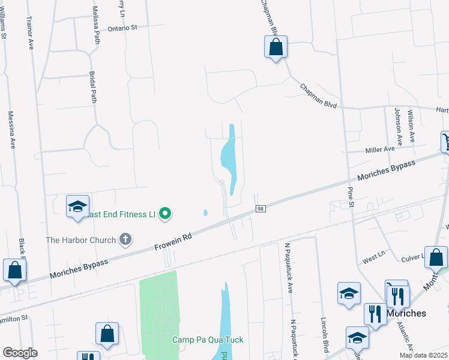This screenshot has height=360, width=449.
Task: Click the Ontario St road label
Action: coord(122,28)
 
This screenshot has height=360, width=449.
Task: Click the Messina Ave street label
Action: coord(11,130)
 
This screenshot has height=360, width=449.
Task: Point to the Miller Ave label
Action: coord(380,149)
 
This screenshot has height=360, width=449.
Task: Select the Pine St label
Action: coord(351,197)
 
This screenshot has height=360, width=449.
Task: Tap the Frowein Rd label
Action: coord(173,242)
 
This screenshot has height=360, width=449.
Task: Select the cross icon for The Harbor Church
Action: coord(125,240)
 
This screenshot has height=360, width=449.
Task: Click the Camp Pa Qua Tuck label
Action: coord(208,340)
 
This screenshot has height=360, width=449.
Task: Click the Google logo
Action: coord(20,353)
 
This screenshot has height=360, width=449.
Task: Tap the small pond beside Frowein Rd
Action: coord(205,212)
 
